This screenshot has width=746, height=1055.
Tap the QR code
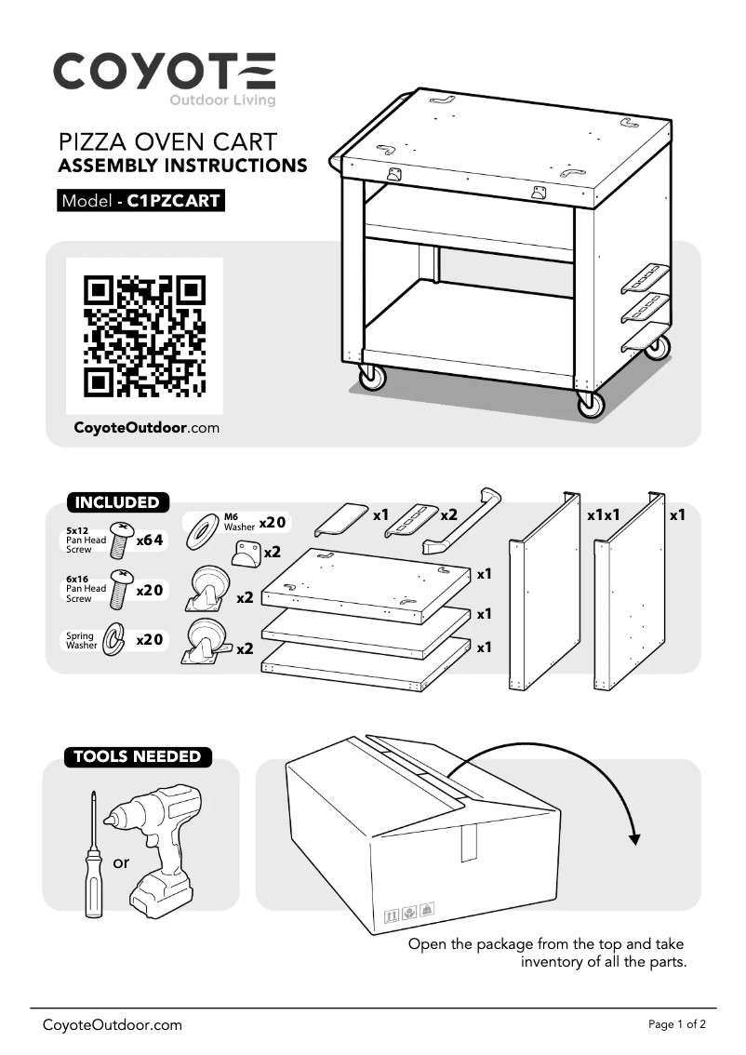(x=144, y=336)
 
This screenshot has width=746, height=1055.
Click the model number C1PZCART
(x=173, y=200)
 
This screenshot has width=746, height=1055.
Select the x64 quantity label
(x=150, y=540)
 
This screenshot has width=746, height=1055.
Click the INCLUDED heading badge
(x=117, y=502)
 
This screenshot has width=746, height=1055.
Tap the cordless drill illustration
(x=158, y=842)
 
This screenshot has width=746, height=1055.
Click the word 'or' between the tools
(x=121, y=863)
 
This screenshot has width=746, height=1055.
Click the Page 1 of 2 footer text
(x=676, y=1024)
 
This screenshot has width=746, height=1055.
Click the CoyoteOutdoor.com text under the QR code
(x=146, y=429)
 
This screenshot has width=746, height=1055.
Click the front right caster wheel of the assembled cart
(x=590, y=403)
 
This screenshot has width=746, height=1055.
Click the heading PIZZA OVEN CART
(x=167, y=142)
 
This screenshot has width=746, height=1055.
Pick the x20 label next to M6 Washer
(x=272, y=522)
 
